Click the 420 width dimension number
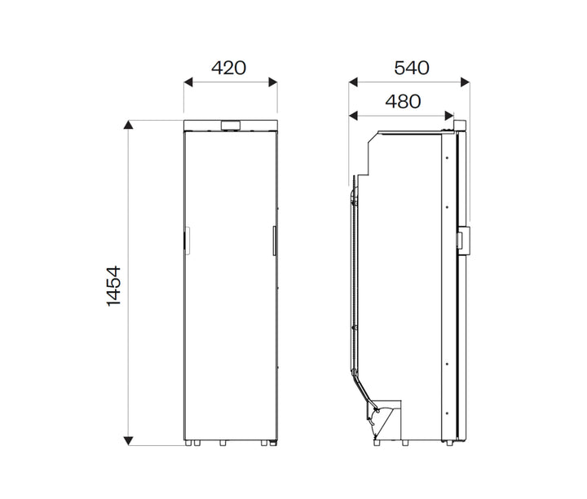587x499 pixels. click(x=228, y=68)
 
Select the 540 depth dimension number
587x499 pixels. click(x=411, y=68)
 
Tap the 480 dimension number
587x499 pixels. click(x=403, y=101)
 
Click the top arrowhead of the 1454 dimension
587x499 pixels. click(x=128, y=125)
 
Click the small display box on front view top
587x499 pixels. click(x=231, y=125)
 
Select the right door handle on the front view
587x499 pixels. click(x=275, y=241)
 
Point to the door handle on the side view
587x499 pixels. click(x=463, y=240)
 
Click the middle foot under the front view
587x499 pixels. click(x=222, y=444)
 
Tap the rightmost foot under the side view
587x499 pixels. click(x=452, y=444)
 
